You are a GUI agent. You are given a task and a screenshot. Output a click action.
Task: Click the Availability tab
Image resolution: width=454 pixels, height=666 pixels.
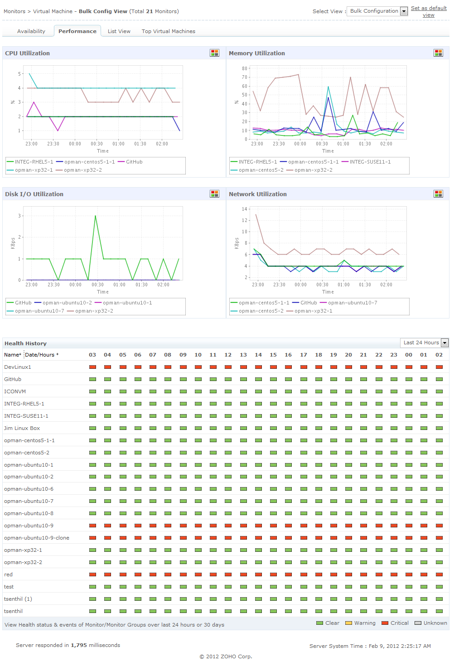31,31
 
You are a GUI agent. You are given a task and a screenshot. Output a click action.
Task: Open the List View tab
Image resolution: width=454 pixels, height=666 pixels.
119,31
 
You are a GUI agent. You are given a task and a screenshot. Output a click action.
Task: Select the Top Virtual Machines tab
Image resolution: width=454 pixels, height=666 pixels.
168,31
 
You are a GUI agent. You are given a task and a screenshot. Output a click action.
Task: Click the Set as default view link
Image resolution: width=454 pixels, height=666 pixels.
429,11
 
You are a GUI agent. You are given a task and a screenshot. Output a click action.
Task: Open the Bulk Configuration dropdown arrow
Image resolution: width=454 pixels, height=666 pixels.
404,11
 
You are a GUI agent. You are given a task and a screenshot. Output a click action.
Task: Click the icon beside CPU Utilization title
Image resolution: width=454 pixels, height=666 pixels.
214,53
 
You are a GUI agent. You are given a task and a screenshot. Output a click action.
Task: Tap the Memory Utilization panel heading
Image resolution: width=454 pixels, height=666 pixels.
256,53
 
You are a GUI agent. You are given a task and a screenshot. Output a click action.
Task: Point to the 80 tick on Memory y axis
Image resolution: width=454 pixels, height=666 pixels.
245,68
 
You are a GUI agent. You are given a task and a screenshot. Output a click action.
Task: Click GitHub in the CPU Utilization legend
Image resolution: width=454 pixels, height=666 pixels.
134,162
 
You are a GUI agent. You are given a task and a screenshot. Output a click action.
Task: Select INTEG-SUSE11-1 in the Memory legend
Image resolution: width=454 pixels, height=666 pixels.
370,162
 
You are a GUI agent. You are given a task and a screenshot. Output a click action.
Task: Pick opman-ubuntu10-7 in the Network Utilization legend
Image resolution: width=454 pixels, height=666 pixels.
352,303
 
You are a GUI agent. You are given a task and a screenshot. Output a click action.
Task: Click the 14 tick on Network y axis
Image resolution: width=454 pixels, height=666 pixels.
245,209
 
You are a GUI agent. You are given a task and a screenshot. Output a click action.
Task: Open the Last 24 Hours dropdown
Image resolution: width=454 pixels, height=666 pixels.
424,343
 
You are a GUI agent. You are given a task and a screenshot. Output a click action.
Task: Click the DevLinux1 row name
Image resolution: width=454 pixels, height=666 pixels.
18,367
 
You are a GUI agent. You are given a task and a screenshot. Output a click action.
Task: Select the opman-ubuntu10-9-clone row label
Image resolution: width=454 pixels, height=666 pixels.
37,538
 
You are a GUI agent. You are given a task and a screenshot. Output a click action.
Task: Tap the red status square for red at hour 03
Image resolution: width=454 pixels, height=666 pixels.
92,574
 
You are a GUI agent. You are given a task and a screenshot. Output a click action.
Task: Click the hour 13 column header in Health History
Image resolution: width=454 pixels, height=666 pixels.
243,355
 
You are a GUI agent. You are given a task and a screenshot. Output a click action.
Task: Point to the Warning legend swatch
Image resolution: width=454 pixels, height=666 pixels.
348,623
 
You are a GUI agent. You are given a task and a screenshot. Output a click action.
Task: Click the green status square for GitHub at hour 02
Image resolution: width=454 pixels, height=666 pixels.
439,379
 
